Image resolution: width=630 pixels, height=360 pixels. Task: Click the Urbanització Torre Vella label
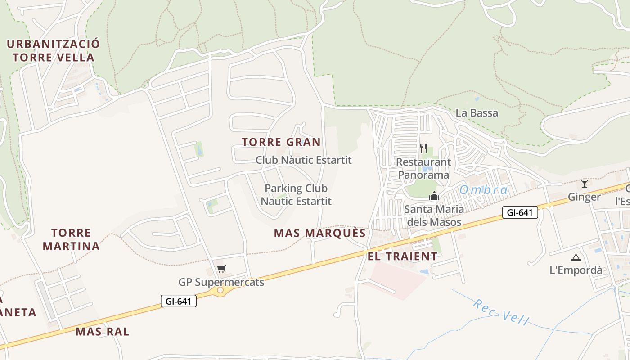click(53, 50)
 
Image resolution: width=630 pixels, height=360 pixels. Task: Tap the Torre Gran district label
click(281, 142)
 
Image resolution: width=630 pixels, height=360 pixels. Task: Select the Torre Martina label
click(71, 239)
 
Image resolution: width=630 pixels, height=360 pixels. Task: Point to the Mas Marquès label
click(320, 233)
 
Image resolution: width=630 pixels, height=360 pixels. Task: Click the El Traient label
click(402, 256)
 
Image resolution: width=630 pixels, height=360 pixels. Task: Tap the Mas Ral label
click(102, 332)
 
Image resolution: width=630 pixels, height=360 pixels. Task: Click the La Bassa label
click(477, 113)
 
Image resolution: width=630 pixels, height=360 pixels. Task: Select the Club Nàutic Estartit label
click(303, 160)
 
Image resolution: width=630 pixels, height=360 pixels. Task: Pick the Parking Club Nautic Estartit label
click(296, 194)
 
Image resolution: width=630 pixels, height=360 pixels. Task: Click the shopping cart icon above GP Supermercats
click(221, 269)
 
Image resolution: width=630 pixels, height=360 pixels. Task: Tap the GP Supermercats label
click(221, 282)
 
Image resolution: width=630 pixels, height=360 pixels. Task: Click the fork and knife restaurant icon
click(423, 148)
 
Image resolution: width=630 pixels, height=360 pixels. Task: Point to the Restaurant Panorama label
click(423, 168)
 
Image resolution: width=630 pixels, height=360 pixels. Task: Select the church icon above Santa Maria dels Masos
click(434, 195)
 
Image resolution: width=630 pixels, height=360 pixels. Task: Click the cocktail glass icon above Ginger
click(584, 184)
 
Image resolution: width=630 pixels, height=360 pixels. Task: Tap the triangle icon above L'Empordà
click(576, 258)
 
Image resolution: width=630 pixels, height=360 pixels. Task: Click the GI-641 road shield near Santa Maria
click(520, 212)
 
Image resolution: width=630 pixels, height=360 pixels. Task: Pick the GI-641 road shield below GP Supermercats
click(179, 301)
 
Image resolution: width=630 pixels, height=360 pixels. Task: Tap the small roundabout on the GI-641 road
click(220, 290)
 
